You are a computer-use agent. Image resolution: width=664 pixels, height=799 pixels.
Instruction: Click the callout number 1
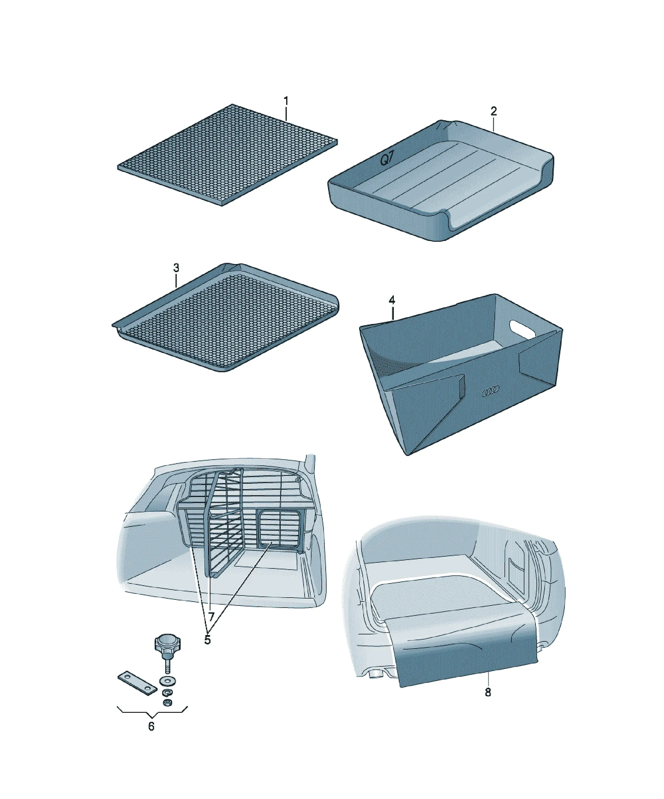(x=286, y=101)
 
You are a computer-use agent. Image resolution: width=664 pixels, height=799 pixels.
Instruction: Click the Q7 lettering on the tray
(x=387, y=159)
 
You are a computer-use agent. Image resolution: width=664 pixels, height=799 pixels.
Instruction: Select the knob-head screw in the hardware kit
(x=167, y=651)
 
